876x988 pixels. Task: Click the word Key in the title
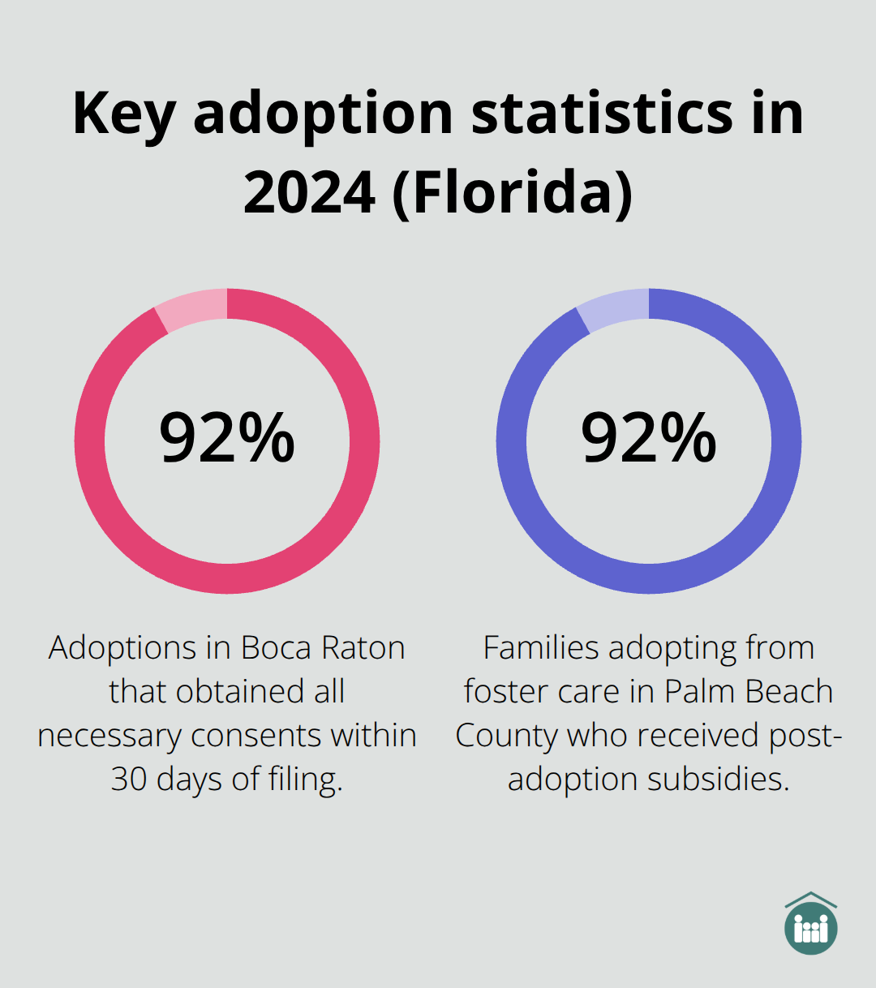point(123,114)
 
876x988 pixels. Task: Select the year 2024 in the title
point(309,193)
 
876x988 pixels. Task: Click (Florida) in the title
point(513,193)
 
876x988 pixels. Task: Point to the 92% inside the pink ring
point(227,438)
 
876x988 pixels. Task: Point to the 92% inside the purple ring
point(649,438)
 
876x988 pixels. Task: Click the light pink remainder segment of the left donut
point(191,308)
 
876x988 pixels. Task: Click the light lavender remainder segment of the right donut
point(613,308)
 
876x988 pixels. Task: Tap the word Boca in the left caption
point(277,648)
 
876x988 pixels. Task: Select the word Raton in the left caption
point(363,648)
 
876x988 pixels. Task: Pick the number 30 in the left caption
point(129,780)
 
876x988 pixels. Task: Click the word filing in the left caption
point(305,780)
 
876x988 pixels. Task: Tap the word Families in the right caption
point(541,648)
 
